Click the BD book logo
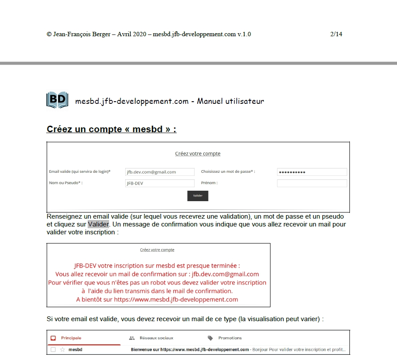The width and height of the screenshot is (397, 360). click(57, 100)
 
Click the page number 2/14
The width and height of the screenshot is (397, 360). click(336, 34)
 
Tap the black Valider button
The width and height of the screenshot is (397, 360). click(198, 196)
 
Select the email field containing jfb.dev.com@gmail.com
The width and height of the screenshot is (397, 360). click(160, 172)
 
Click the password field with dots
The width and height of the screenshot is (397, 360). click(312, 172)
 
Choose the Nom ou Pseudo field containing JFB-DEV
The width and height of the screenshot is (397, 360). click(160, 183)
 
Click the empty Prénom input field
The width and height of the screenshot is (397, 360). click(312, 183)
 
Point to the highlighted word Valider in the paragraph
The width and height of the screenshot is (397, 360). click(98, 224)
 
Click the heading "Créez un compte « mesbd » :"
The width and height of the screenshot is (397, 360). click(111, 129)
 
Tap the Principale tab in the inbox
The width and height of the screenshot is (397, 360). click(71, 338)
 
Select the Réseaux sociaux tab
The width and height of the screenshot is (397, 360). click(156, 338)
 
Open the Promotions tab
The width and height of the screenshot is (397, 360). click(230, 338)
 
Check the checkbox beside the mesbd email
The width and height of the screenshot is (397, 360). click(53, 350)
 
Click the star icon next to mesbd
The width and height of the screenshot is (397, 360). click(62, 350)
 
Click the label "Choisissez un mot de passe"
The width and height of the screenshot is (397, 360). click(228, 171)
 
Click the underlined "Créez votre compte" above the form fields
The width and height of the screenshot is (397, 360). click(198, 154)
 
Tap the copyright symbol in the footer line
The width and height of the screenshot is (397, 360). click(49, 34)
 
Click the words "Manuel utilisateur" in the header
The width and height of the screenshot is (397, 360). click(230, 101)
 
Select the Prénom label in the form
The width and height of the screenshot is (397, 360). click(209, 183)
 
